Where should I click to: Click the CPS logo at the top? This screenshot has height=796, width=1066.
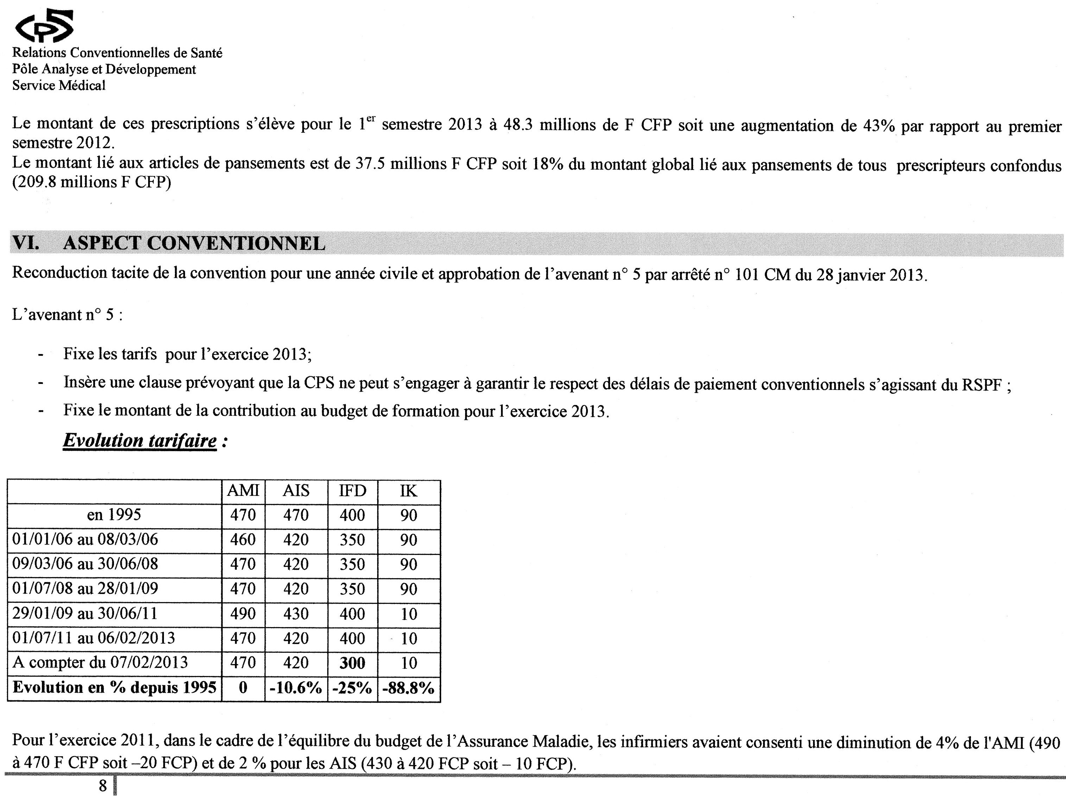[x=44, y=26]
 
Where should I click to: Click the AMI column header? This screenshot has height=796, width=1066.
[x=243, y=491]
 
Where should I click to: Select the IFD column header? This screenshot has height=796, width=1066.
[x=352, y=491]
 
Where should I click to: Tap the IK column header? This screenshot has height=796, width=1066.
[x=408, y=491]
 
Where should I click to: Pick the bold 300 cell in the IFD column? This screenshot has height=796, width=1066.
[x=352, y=663]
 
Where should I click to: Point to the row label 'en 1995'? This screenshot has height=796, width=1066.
[x=114, y=514]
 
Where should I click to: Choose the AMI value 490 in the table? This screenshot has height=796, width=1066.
[x=243, y=613]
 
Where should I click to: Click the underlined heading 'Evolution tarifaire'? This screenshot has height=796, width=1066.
[x=140, y=440]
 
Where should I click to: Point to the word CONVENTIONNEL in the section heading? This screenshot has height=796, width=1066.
[x=236, y=243]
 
